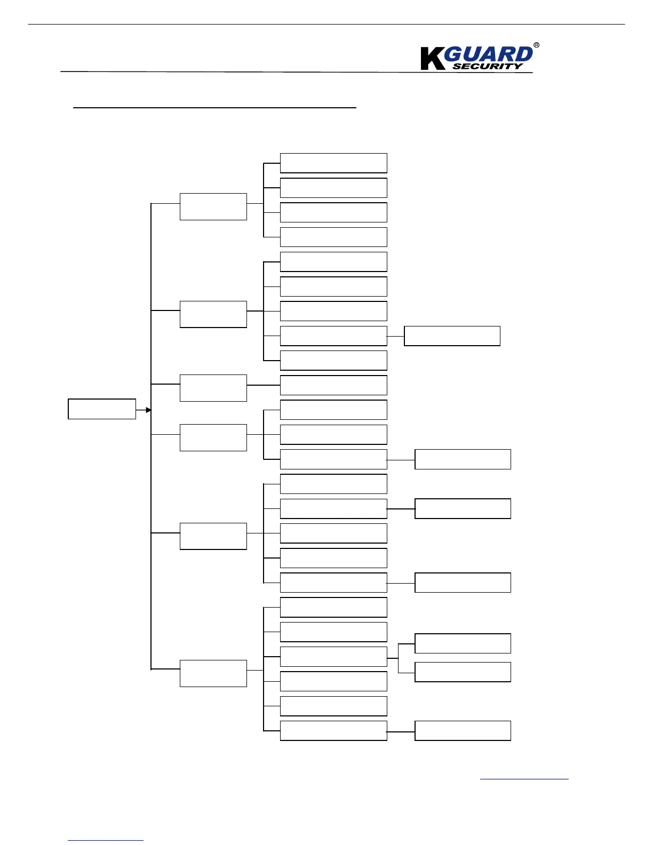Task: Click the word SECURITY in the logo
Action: [x=488, y=66]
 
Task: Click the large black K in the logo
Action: [x=432, y=59]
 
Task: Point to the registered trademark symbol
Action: [x=536, y=45]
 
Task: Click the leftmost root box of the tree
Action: [x=102, y=409]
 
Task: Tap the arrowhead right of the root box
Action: [x=149, y=410]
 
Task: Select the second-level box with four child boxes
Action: [x=213, y=206]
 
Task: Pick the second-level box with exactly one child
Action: [x=213, y=388]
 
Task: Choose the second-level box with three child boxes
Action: [x=213, y=437]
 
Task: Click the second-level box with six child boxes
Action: [x=213, y=673]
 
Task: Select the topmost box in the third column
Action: [x=333, y=163]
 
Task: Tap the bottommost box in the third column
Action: [x=333, y=731]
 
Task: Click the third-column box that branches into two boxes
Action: [x=333, y=657]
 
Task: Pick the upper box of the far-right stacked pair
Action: [x=463, y=643]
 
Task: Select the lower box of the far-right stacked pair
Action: [x=463, y=672]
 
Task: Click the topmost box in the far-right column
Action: [x=452, y=336]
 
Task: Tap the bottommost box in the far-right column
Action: [x=463, y=731]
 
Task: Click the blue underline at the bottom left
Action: [x=106, y=841]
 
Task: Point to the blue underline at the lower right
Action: [x=524, y=779]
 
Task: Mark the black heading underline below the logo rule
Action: [x=214, y=108]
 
